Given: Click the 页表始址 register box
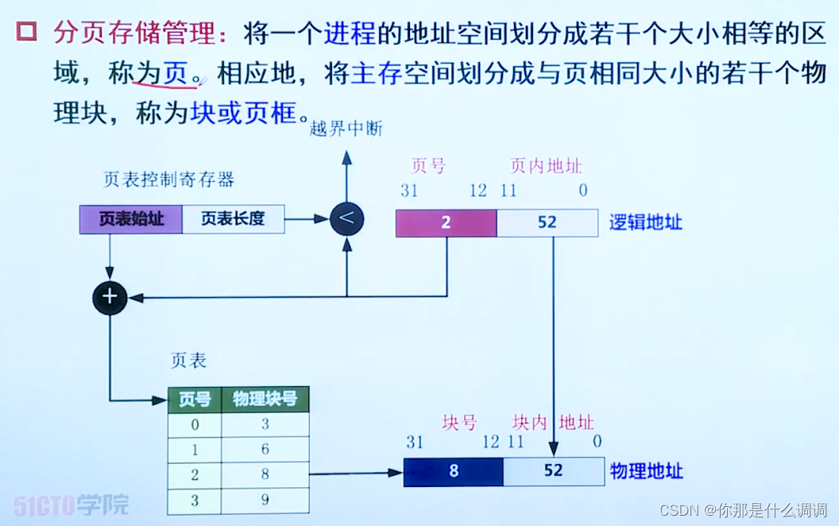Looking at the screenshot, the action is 131,219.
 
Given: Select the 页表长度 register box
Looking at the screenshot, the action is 233,219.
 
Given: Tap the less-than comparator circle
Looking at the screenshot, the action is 346,219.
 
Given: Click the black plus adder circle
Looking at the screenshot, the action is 110,297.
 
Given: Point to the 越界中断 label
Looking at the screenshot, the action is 346,129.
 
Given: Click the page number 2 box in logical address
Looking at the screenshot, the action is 447,223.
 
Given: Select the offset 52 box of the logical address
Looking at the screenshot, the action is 547,223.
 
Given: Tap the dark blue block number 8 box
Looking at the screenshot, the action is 454,471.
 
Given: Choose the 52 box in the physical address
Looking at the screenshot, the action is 553,471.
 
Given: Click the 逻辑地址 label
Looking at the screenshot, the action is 646,222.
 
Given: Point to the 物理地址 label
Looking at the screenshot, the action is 647,471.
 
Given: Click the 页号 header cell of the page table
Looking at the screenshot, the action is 195,400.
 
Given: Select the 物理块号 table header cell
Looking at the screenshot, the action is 265,400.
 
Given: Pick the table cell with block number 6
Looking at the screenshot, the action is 265,449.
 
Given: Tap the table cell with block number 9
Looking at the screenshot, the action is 265,500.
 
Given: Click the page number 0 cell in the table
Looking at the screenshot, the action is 195,424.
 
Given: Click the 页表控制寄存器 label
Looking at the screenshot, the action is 168,180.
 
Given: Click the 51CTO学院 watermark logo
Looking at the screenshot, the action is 71,505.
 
